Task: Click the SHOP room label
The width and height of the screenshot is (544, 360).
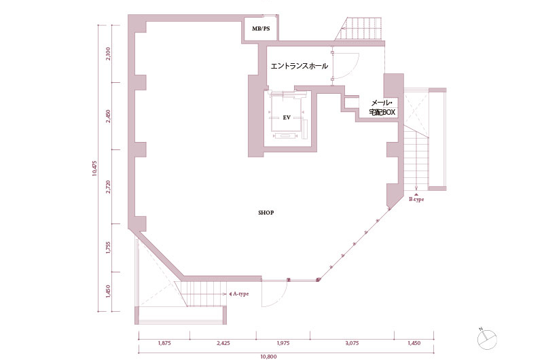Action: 266,213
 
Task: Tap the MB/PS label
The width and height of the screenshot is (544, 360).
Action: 261,29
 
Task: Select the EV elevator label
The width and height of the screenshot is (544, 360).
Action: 287,118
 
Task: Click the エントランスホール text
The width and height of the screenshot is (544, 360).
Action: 299,66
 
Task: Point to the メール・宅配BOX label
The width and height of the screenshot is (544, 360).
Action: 382,107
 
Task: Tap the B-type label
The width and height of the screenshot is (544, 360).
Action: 416,200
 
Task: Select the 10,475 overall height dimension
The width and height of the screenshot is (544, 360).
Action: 94,168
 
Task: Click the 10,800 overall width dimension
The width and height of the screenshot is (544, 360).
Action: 268,357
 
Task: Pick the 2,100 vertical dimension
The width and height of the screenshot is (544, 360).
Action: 108,54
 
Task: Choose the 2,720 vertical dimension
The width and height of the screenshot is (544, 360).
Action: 108,187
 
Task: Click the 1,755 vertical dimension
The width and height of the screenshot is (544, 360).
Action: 108,248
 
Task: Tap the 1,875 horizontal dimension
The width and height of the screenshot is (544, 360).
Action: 164,343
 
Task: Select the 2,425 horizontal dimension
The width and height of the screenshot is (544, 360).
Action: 223,343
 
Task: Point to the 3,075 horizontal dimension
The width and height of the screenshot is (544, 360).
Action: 352,343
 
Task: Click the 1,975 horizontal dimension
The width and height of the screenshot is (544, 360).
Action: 283,343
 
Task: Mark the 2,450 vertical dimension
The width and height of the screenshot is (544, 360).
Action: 108,117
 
